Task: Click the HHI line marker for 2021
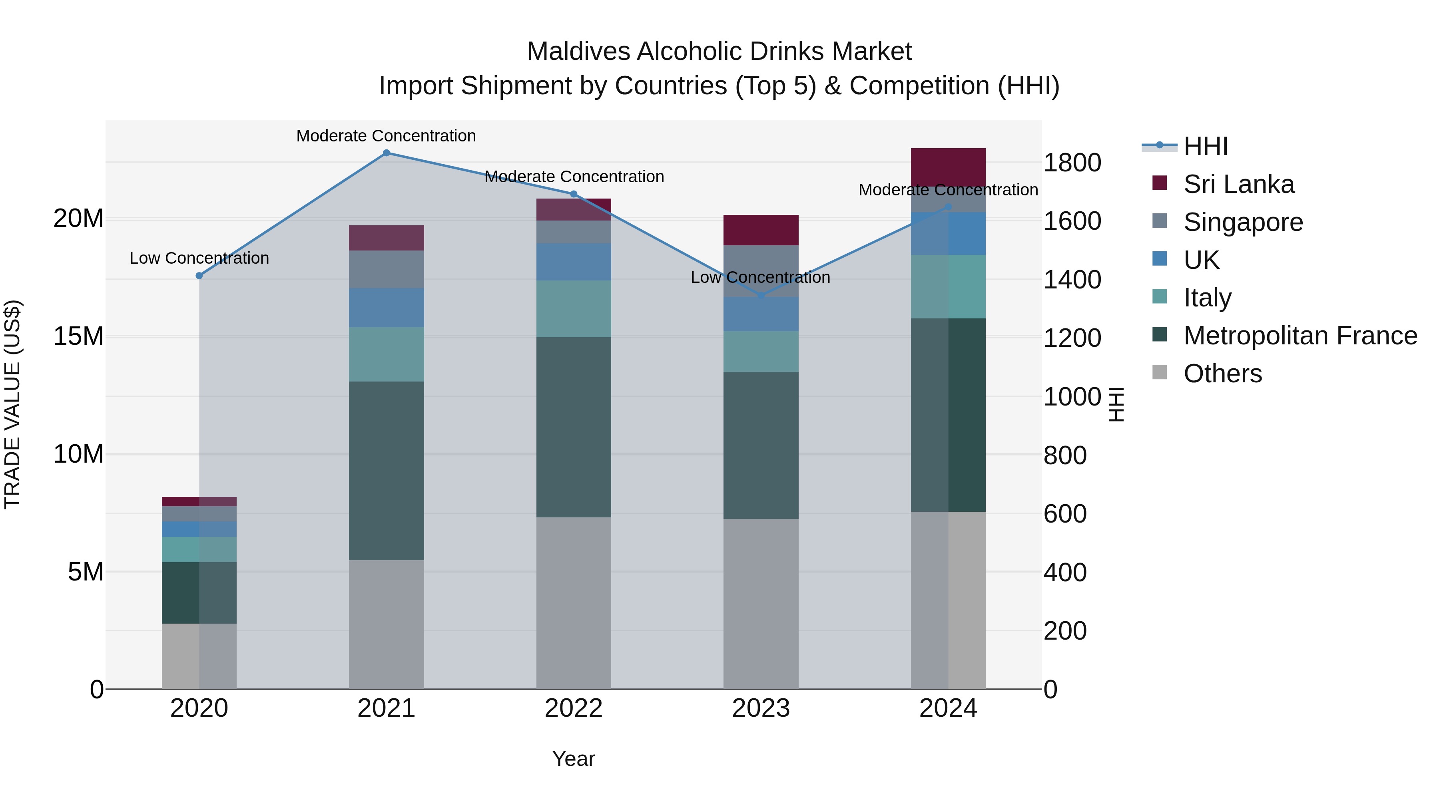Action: pos(386,153)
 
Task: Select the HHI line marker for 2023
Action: pos(761,295)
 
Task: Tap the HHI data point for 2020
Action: pos(199,276)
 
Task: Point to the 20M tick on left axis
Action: pos(78,218)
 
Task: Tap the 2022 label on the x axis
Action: pos(573,708)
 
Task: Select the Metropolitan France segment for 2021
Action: pos(386,470)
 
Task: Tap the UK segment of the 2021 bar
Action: pos(386,308)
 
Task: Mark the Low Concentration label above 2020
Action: pos(199,258)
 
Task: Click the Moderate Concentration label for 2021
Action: pos(386,136)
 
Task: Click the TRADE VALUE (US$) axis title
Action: pos(12,404)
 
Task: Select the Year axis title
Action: pos(573,759)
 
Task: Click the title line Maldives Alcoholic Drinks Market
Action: pos(719,52)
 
